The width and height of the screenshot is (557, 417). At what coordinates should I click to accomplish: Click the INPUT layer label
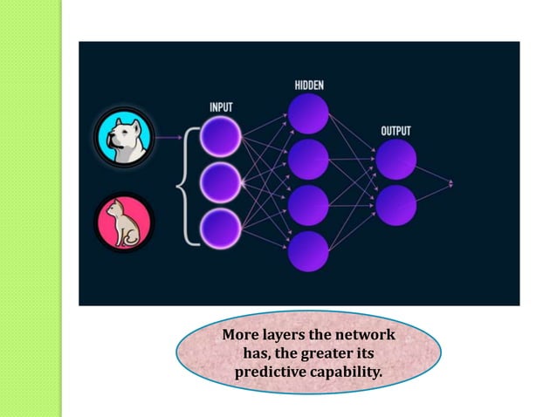coord(221,106)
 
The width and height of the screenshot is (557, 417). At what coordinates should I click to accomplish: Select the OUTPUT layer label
coord(395,131)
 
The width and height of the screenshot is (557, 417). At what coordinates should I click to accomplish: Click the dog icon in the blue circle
coord(123,137)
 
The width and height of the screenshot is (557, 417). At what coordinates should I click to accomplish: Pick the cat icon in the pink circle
coord(123,223)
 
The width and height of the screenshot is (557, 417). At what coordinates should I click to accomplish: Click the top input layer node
coord(221,137)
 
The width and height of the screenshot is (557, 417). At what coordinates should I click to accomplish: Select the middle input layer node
coord(221,182)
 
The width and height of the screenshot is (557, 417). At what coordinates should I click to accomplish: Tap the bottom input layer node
coord(221,228)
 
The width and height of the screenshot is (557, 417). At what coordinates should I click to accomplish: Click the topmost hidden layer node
coord(308,114)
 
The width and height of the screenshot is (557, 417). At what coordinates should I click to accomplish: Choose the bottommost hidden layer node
coord(308,251)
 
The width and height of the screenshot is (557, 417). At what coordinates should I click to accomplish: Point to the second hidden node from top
coord(308,160)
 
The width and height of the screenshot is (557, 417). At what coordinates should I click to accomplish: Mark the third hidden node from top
coord(308,205)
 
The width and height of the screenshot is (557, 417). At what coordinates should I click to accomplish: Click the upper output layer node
coord(396,160)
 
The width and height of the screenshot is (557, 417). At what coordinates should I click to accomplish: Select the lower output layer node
coord(396,205)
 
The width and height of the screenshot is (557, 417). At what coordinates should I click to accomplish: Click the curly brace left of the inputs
coord(184,182)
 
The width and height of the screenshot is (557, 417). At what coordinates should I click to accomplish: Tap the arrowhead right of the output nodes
coord(450,183)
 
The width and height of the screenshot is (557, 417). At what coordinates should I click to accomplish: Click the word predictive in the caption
coord(270,373)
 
